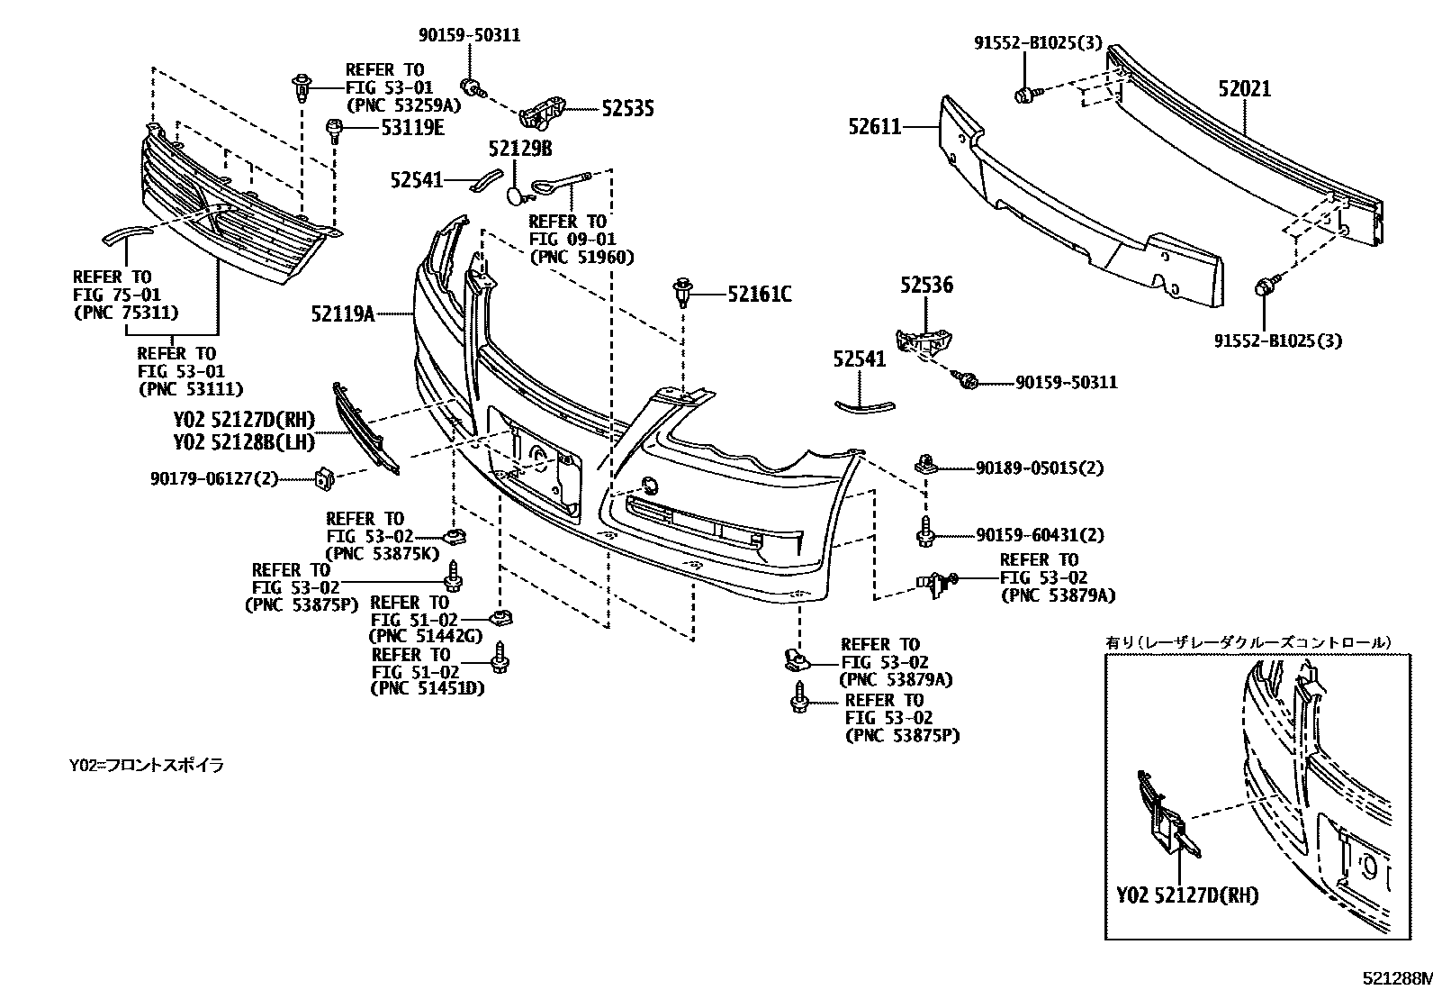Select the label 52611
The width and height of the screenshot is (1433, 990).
point(874,128)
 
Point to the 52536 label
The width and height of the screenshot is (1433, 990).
point(926,286)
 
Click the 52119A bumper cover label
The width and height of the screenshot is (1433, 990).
point(343,314)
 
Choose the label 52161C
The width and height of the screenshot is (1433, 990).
point(760,294)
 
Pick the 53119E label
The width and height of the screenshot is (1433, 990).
point(412,128)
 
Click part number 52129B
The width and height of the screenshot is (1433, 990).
point(520,149)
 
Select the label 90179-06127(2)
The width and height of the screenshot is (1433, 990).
point(214,479)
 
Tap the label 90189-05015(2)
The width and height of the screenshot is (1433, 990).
point(1039,468)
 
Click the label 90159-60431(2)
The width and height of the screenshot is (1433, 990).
point(1039,535)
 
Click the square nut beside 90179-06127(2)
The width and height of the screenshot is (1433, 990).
point(323,478)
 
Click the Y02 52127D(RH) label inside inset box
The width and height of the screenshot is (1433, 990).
point(1187,895)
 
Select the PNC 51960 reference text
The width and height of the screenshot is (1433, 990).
point(581,257)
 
